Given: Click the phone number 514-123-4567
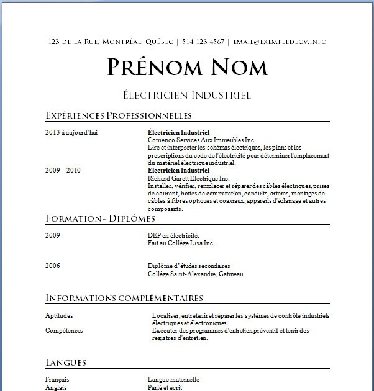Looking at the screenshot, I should (x=204, y=42).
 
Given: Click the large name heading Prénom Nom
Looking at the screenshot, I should (x=187, y=68).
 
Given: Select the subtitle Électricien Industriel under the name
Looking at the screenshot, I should (x=187, y=96).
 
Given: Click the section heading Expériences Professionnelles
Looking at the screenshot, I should (x=119, y=115).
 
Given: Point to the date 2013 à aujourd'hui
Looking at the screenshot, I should (x=71, y=133).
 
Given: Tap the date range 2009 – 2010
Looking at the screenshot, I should (x=63, y=170).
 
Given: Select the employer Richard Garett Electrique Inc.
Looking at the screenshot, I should (x=188, y=178).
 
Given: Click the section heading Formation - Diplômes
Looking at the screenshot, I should (x=100, y=218).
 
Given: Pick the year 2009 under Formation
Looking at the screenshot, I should (x=53, y=236).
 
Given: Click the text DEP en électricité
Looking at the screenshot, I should (x=173, y=236).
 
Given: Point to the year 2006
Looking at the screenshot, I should (x=53, y=266).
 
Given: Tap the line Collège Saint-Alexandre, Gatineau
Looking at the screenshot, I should (x=195, y=274).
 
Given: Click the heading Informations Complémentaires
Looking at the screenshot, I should (x=124, y=298).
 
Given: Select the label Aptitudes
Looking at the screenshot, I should (x=59, y=316).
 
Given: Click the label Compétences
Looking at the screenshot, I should (x=64, y=331).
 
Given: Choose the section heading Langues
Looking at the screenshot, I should (x=66, y=362).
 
